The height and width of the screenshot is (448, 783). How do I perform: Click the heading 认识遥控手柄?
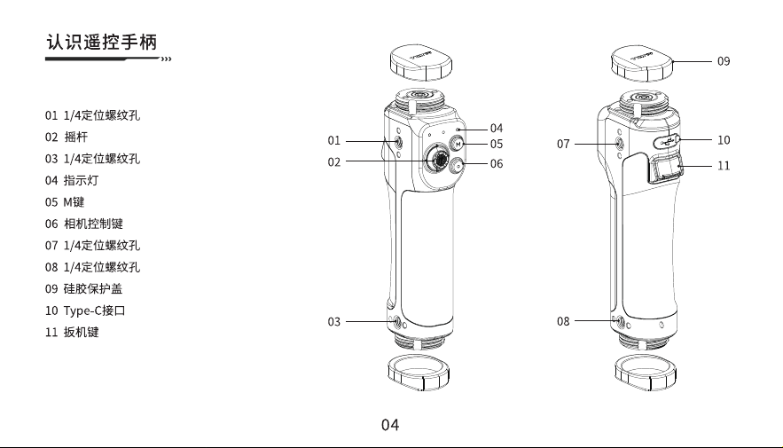pos(102,42)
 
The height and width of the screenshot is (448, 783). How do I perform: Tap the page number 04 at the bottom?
pos(390,425)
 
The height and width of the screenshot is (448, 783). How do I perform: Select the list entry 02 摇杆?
pos(67,137)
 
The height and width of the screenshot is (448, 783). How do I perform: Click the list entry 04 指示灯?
pos(72,180)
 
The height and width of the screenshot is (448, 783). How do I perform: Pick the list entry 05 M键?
pos(65,202)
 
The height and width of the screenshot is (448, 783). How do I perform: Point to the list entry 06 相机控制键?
pos(84,224)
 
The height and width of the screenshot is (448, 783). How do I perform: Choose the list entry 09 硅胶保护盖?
pos(84,288)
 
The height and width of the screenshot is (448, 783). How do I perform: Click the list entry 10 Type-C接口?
pos(85,310)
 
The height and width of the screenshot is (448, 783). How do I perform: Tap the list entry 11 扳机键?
pos(72,332)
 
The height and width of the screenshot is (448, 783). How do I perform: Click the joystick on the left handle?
pos(438,160)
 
